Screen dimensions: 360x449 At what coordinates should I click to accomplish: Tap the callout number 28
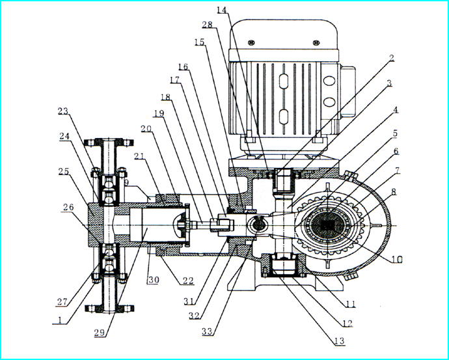207,24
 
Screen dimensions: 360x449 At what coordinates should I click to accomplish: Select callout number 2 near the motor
391,58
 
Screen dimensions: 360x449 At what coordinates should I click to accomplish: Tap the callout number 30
151,280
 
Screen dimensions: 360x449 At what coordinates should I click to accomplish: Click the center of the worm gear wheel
330,225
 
